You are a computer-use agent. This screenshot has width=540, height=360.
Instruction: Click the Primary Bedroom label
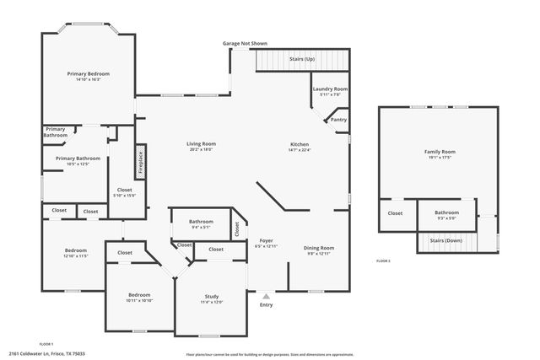pyautogui.click(x=89, y=74)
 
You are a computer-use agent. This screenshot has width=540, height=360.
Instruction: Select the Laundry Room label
pyautogui.click(x=330, y=89)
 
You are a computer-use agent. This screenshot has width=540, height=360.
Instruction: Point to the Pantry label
pyautogui.click(x=338, y=120)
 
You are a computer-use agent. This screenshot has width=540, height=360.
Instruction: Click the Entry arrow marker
pyautogui.click(x=267, y=296)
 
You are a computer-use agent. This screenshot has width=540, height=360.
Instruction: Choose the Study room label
pyautogui.click(x=212, y=296)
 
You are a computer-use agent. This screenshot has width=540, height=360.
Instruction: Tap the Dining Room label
pyautogui.click(x=320, y=248)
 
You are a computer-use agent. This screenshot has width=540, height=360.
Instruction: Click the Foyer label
pyautogui.click(x=266, y=241)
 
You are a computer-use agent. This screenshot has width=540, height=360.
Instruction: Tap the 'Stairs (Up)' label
pyautogui.click(x=301, y=59)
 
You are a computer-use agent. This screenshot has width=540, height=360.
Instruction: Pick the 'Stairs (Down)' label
pyautogui.click(x=446, y=240)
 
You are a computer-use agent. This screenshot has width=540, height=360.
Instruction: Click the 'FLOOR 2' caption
pyautogui.click(x=384, y=262)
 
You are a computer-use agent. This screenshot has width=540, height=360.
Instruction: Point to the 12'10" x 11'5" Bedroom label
pyautogui.click(x=77, y=250)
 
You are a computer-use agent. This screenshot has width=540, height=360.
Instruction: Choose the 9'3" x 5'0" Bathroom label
pyautogui.click(x=446, y=212)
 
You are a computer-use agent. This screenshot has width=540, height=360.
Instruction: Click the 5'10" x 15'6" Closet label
pyautogui.click(x=124, y=191)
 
